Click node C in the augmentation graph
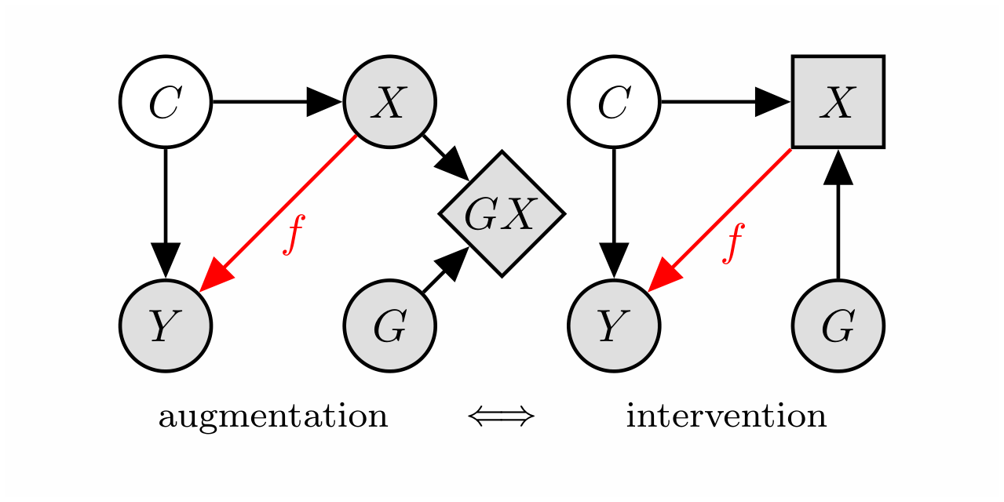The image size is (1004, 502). click(165, 102)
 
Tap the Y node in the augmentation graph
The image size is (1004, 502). click(165, 326)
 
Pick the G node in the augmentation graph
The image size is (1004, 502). click(390, 326)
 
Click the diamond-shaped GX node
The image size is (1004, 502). click(501, 213)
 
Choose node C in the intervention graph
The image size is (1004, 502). click(614, 102)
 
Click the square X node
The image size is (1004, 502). click(838, 102)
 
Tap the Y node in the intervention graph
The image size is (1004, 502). click(614, 326)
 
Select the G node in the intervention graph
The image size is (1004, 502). click(838, 326)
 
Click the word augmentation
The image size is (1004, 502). click(273, 417)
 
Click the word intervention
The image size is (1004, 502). click(726, 417)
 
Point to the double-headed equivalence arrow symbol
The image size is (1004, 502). click(501, 417)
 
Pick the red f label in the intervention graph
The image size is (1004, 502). click(733, 242)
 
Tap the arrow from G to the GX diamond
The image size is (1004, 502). click(444, 271)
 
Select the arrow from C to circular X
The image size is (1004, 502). click(275, 102)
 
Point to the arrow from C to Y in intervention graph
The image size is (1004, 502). click(614, 212)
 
